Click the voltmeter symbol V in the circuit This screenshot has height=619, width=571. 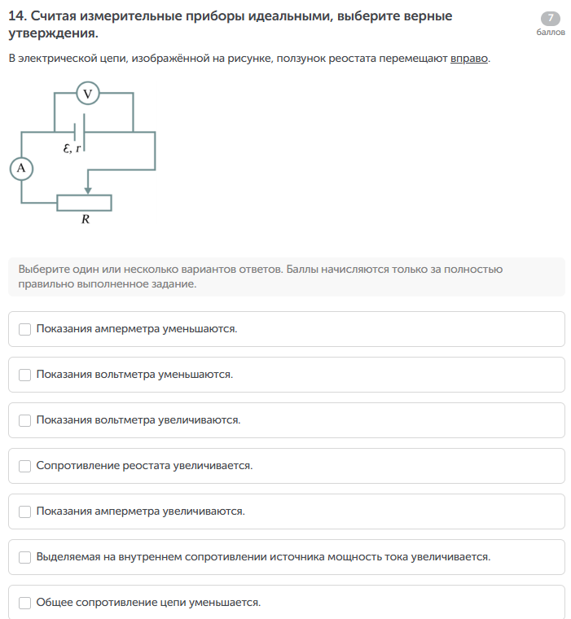click(x=88, y=94)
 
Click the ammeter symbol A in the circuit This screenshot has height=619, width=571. click(x=21, y=168)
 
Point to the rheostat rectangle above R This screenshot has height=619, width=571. click(x=84, y=202)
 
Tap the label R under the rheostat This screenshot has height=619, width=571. click(x=85, y=219)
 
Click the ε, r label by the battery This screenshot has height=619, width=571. click(x=72, y=148)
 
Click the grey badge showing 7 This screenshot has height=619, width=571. click(x=551, y=19)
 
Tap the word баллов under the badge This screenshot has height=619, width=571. click(x=551, y=33)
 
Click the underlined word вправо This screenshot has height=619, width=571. click(x=469, y=59)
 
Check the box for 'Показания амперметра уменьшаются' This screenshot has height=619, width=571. click(x=25, y=329)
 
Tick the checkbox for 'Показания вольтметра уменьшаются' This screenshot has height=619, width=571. click(x=25, y=375)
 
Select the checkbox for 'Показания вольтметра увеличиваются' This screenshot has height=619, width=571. click(x=25, y=420)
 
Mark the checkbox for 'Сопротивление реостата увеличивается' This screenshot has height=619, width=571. click(x=25, y=466)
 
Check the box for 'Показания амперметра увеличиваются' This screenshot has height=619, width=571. click(x=25, y=511)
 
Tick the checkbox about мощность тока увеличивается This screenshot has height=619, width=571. click(x=25, y=557)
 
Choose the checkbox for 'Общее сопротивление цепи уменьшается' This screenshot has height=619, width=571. click(x=25, y=603)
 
